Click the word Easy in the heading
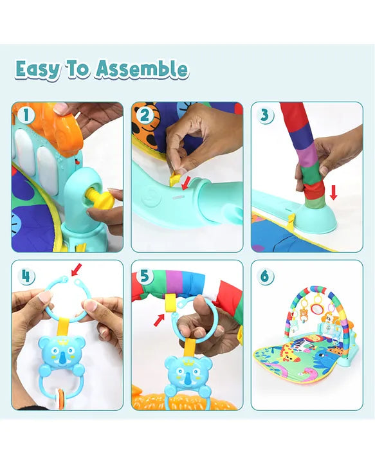37,69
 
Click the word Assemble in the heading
142,69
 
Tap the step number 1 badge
26,115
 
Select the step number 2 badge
145,115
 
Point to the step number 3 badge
265,115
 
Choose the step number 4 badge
26,277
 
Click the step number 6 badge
265,277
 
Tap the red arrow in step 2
187,183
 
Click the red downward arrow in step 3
333,192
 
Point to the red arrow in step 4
77,269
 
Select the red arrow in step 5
159,320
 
